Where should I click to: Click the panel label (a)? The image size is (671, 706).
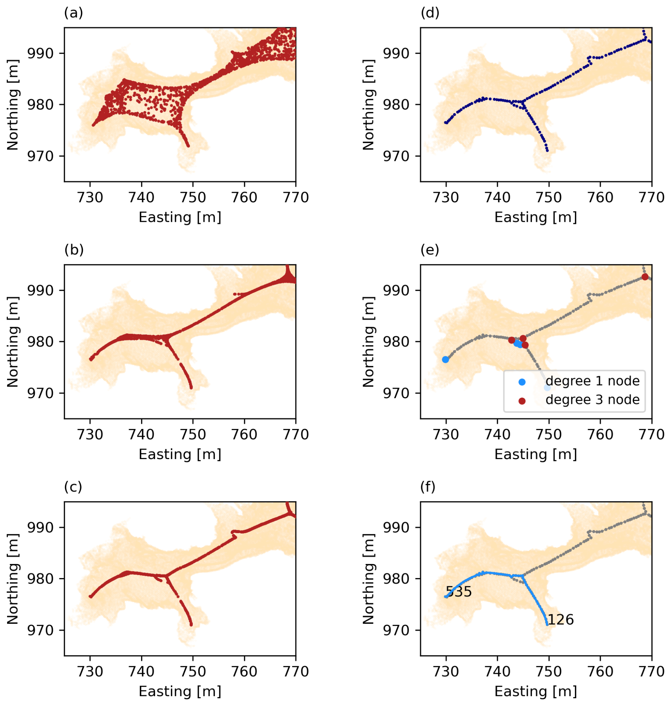click(73, 13)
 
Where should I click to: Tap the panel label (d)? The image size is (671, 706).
click(430, 13)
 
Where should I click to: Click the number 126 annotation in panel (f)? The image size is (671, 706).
click(560, 620)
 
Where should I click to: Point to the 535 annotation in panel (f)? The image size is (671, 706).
click(459, 592)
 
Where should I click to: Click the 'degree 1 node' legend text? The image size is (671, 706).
click(592, 381)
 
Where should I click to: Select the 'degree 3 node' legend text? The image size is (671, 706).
click(592, 400)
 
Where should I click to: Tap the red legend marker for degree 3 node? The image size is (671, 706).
click(522, 401)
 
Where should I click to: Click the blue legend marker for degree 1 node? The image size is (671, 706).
click(522, 382)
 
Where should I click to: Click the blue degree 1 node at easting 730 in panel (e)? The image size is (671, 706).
click(445, 360)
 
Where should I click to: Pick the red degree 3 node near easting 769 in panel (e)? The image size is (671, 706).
click(645, 277)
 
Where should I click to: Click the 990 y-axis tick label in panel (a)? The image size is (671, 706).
click(40, 53)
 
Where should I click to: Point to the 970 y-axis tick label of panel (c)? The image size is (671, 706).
click(40, 630)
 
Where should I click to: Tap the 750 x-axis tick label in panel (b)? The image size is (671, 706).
click(193, 434)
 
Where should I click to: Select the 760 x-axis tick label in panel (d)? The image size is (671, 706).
click(600, 198)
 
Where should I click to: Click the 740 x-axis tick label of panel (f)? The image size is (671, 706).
click(498, 672)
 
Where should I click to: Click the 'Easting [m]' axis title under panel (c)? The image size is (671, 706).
click(180, 691)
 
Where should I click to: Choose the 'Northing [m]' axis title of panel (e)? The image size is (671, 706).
click(368, 341)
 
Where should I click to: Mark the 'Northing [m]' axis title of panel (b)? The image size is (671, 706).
click(12, 341)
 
